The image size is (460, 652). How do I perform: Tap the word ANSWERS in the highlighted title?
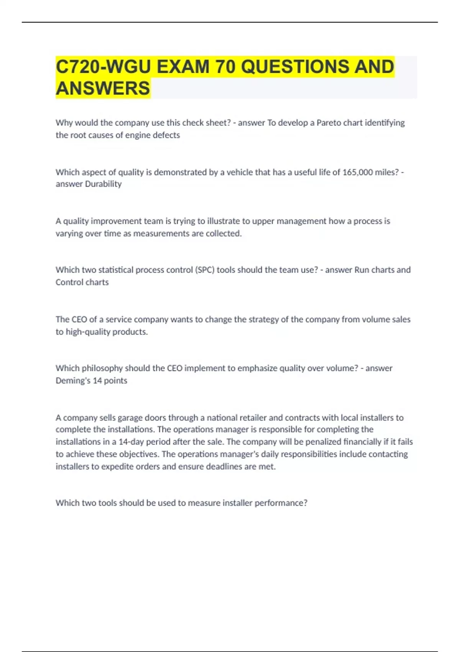click(x=103, y=88)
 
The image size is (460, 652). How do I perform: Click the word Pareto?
click(x=329, y=123)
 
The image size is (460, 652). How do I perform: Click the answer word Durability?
click(x=103, y=184)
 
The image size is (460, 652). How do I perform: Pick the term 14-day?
click(x=131, y=442)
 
